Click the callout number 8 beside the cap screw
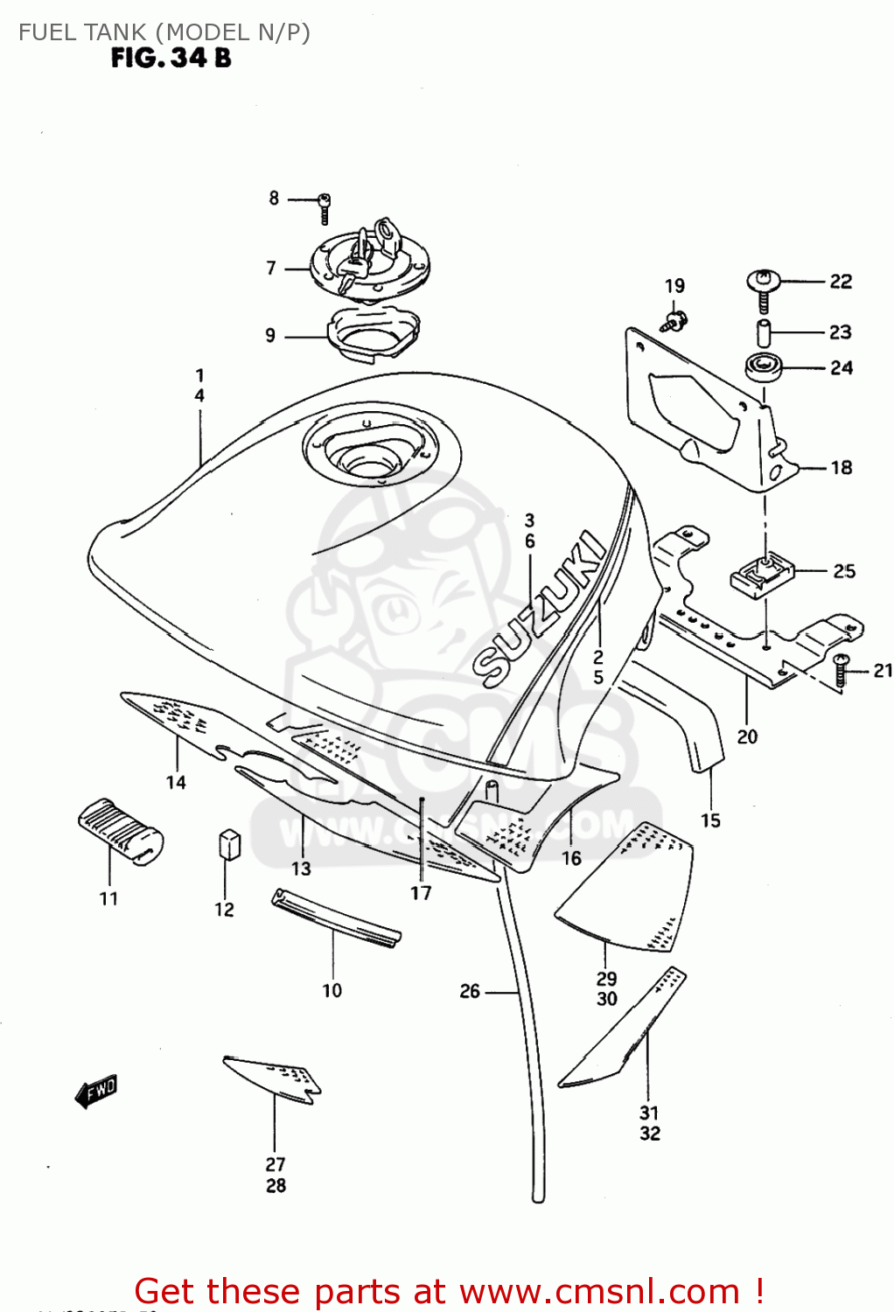coord(274,199)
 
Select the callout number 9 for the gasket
coord(270,335)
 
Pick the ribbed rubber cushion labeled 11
coord(120,831)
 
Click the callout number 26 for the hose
coord(470,991)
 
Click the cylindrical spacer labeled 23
coord(764,333)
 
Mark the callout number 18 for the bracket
coord(841,467)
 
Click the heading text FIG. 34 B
coord(171,59)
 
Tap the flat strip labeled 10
coord(336,918)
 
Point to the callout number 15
coord(710,820)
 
